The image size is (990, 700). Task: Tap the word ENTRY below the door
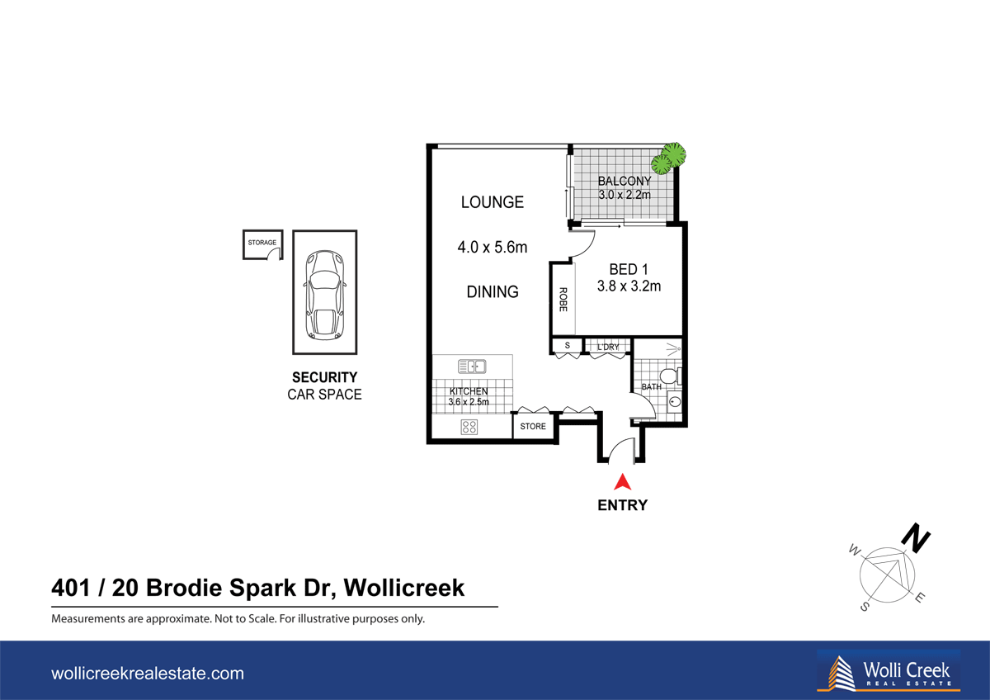623,505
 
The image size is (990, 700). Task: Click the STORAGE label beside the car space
262,243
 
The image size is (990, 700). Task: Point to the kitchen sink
472,366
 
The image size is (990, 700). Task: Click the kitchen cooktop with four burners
469,427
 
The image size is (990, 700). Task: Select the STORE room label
533,427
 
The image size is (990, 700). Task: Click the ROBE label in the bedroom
563,299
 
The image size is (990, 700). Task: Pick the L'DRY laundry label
608,347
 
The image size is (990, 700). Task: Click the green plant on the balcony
672,156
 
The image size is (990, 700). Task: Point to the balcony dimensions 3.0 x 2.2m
625,196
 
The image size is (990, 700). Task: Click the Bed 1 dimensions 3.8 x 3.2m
629,287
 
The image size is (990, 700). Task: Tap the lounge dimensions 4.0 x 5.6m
492,247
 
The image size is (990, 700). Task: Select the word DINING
492,291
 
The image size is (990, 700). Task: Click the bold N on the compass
916,538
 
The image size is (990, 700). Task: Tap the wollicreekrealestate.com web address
148,674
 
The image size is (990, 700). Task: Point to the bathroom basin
674,404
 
